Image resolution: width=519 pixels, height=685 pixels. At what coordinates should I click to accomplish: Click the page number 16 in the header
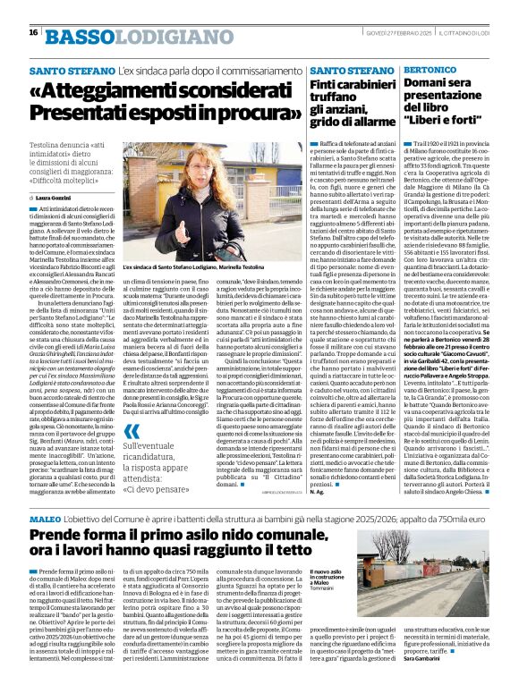pyautogui.click(x=32, y=33)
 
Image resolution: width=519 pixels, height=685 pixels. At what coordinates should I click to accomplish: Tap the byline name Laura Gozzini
pyautogui.click(x=56, y=197)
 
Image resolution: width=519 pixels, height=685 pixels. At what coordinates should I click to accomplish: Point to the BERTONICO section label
pyautogui.click(x=429, y=70)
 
